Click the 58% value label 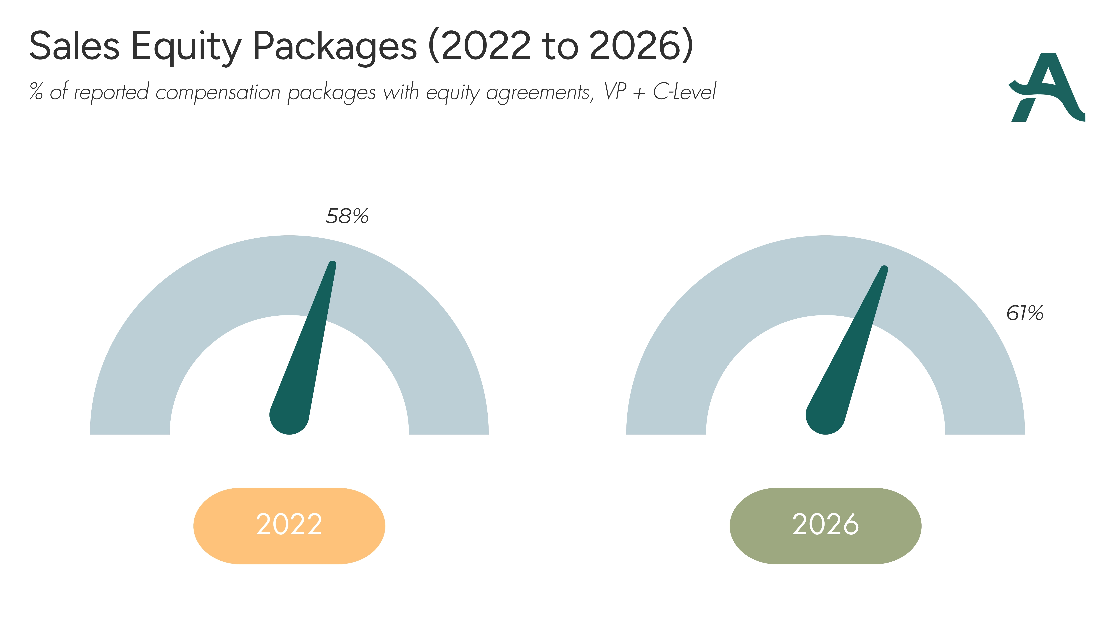(x=347, y=216)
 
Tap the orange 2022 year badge (x=289, y=526)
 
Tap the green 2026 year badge (x=825, y=526)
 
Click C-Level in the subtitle (x=685, y=91)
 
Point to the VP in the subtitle (x=615, y=91)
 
